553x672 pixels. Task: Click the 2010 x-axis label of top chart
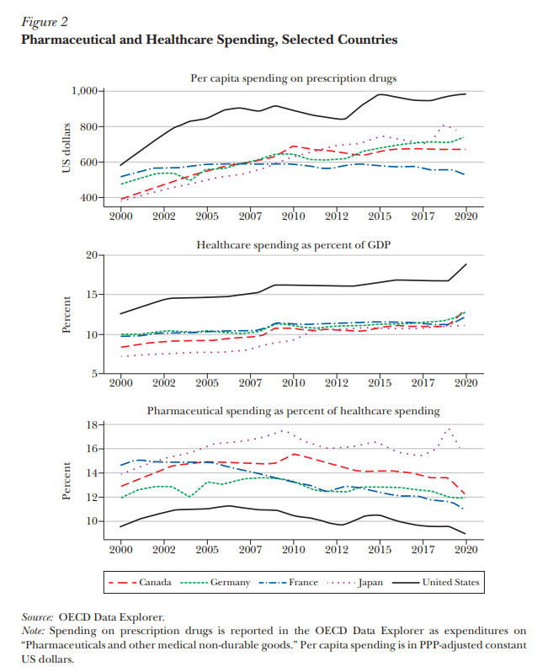point(294,216)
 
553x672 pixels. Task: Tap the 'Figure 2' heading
point(45,23)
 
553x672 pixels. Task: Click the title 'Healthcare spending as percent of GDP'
point(293,245)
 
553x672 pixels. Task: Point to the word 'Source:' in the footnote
point(37,616)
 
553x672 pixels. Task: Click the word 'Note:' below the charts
point(35,630)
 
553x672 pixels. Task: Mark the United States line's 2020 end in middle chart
point(465,264)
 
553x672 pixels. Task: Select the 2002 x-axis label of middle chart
point(164,382)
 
